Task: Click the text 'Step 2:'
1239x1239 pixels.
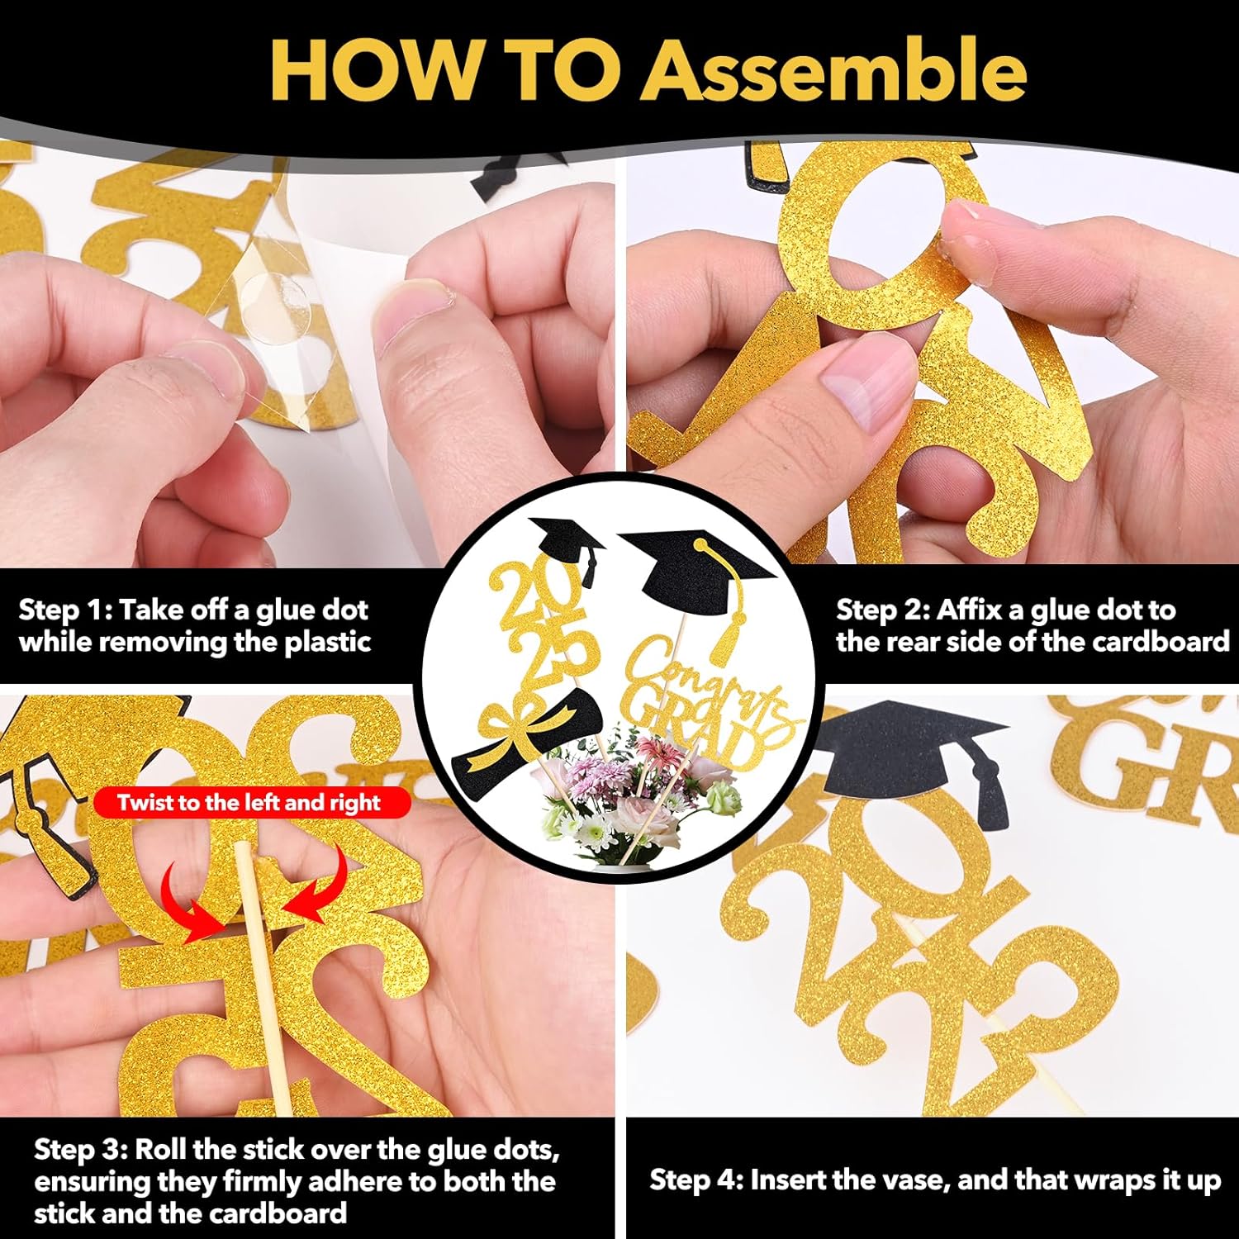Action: [883, 611]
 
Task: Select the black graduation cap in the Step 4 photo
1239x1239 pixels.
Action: [913, 756]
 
